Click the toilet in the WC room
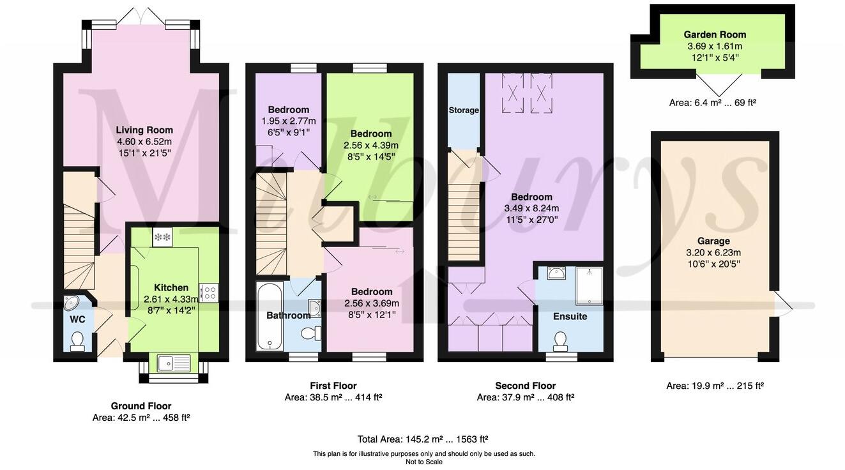pos(78,341)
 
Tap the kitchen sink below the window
pos(174,363)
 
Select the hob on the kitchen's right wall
pos(209,292)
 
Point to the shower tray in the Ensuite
pos(589,285)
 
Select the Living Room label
pos(144,130)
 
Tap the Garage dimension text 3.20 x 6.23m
pos(713,252)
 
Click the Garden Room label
pos(715,34)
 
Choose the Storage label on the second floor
pos(464,110)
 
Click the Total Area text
pos(423,439)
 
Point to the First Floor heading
pos(333,386)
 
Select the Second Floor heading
pos(525,386)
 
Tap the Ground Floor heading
pos(141,406)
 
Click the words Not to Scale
pos(423,462)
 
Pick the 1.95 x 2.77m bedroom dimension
pos(289,121)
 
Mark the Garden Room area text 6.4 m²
pos(712,102)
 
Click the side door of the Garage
pos(782,304)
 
